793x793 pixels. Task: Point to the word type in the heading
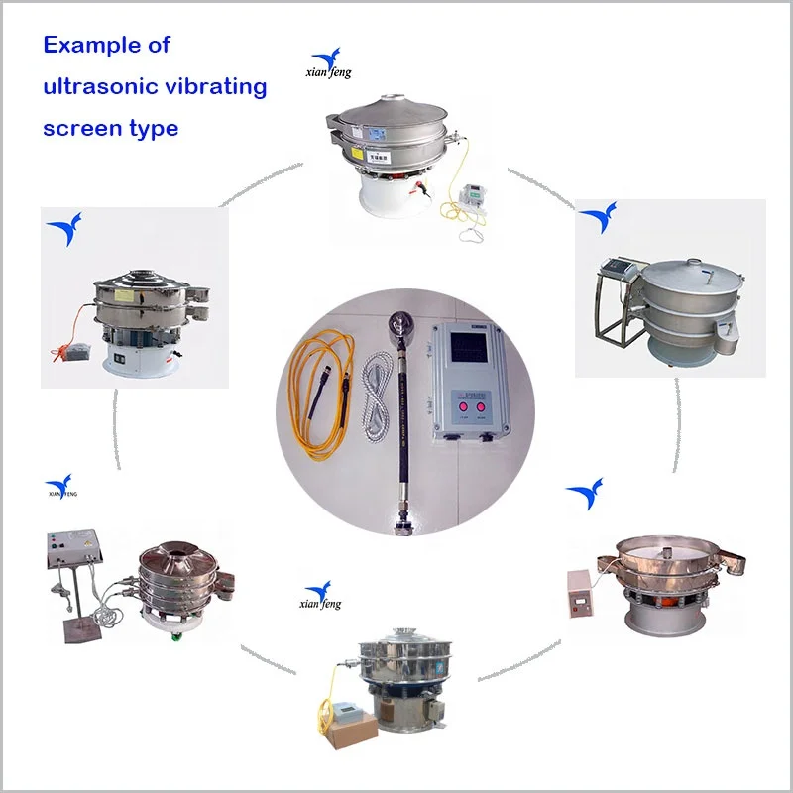[x=153, y=128]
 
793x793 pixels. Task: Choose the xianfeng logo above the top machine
[x=327, y=65]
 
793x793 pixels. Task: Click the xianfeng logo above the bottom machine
[x=319, y=595]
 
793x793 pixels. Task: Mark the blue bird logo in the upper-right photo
[x=597, y=218]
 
